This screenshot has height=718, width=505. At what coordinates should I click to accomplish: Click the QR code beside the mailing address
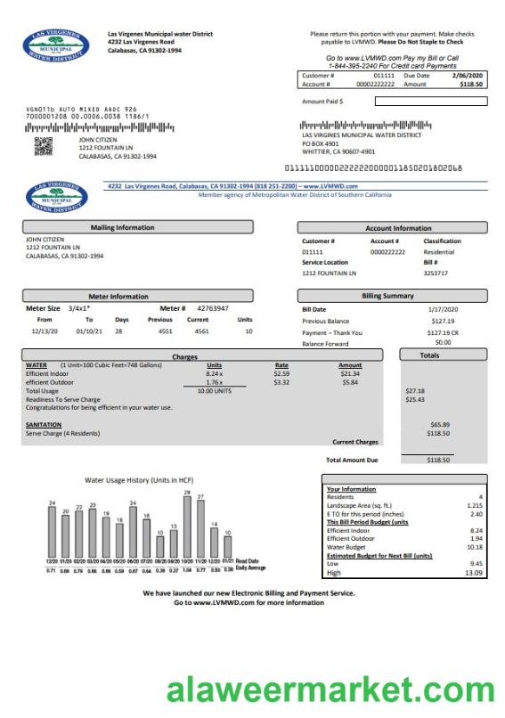tap(43, 147)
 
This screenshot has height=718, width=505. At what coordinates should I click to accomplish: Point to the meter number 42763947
tap(213, 308)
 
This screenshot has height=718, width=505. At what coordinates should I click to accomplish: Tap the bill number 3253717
tap(436, 273)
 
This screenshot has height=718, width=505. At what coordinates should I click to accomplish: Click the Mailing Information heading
tap(122, 228)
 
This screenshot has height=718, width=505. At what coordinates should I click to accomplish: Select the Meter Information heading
tap(118, 296)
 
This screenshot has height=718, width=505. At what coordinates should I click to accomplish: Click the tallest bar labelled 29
tap(187, 525)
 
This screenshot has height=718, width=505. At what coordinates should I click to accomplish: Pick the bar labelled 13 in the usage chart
tap(174, 542)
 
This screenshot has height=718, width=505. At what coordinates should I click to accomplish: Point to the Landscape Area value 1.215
tap(474, 506)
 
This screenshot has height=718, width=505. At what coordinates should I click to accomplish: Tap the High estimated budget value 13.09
tap(473, 573)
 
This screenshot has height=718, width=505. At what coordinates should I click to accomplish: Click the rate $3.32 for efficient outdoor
tap(281, 382)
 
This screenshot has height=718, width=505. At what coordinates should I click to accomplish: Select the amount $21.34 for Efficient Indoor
tap(350, 373)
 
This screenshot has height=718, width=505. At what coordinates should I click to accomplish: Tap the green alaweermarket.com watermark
tap(329, 689)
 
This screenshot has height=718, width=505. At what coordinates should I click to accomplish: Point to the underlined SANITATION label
tap(44, 425)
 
